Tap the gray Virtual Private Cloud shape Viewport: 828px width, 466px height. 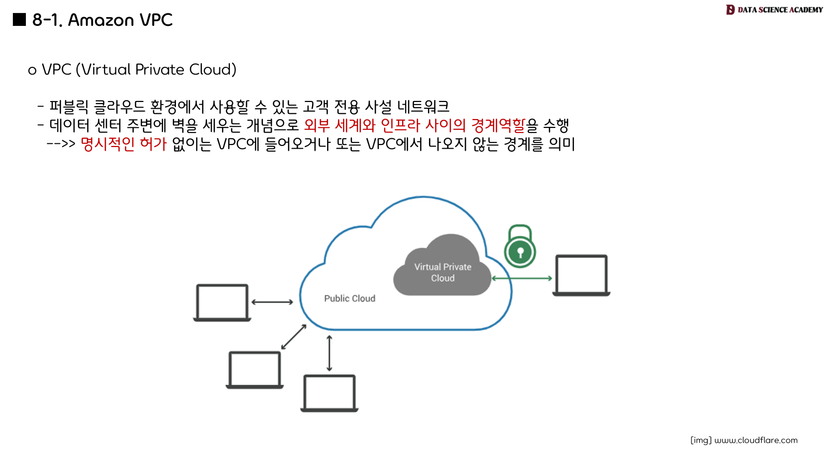pos(442,272)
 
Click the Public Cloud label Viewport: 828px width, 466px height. pos(349,298)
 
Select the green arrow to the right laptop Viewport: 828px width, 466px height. pos(522,279)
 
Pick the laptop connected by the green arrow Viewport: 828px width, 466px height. pos(581,275)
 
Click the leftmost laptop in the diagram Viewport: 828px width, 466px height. pos(222,303)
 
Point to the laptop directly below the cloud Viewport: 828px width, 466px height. pos(330,393)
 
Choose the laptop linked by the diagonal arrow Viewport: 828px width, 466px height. pos(255,370)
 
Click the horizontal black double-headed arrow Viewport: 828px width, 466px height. pos(272,302)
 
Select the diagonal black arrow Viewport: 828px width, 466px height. pos(294,337)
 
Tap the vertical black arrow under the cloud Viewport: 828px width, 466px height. pos(329,353)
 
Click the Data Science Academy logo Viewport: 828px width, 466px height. pos(774,9)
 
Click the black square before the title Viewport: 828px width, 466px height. pos(19,19)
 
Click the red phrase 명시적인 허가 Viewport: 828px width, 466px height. pos(124,144)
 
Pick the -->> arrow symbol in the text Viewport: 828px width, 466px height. pos(61,143)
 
